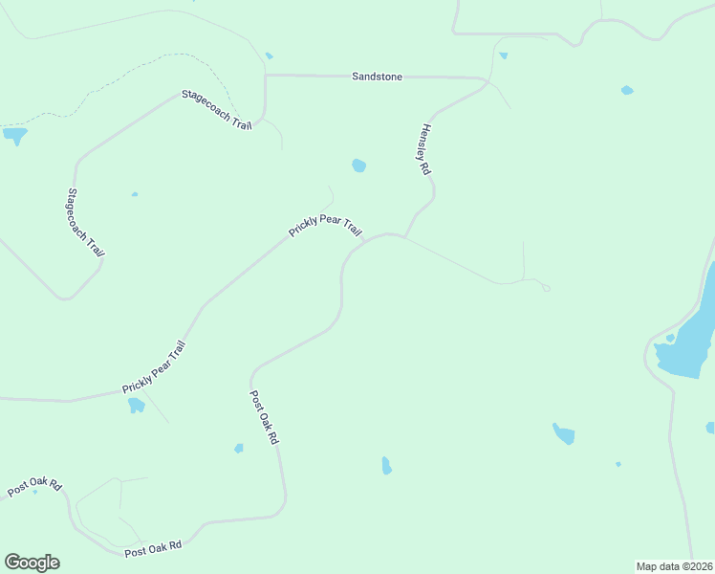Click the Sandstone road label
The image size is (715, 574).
(x=377, y=76)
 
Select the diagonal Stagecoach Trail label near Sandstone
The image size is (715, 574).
(x=216, y=110)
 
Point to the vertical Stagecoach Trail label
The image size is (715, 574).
(x=85, y=222)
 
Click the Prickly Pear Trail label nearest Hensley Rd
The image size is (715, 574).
(x=326, y=227)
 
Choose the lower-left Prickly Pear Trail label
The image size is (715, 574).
(x=154, y=367)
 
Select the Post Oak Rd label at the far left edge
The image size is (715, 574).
(x=34, y=486)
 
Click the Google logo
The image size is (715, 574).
(x=32, y=563)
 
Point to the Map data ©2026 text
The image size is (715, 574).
(x=674, y=565)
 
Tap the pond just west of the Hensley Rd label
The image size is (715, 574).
(x=358, y=166)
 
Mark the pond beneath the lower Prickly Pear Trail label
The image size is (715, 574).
(x=136, y=405)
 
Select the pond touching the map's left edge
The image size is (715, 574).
(x=13, y=136)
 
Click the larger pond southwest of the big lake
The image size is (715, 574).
(x=564, y=434)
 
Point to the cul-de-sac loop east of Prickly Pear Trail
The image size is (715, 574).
(x=545, y=287)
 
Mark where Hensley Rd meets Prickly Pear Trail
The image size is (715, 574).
(x=405, y=236)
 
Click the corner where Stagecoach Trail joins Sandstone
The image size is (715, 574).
(x=266, y=75)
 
